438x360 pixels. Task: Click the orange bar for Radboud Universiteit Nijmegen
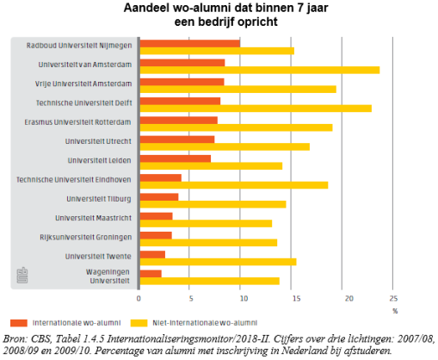coord(190,44)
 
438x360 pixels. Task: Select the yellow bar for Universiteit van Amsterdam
coord(260,70)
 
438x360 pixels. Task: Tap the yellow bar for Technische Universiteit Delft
coord(256,109)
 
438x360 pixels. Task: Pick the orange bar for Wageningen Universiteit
coord(151,274)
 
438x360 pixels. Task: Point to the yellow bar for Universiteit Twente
coord(218,262)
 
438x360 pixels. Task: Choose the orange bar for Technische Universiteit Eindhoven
coord(161,177)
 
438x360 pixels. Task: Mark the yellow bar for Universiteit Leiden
coord(211,166)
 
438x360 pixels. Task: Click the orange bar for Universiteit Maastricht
coord(156,216)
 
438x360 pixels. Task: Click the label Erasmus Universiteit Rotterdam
coord(77,122)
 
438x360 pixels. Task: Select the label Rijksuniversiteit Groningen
coord(86,238)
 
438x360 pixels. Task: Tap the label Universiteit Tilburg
coord(99,199)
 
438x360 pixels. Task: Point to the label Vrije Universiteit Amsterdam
coord(83,84)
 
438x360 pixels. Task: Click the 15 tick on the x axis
coord(296,299)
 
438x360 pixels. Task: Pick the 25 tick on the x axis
coord(393,299)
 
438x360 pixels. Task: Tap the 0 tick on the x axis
coord(139,299)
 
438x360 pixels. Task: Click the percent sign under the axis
coord(395,311)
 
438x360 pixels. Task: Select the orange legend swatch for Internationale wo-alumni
coord(19,323)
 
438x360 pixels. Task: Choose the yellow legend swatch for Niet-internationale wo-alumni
coord(139,323)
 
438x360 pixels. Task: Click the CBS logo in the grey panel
coord(22,276)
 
